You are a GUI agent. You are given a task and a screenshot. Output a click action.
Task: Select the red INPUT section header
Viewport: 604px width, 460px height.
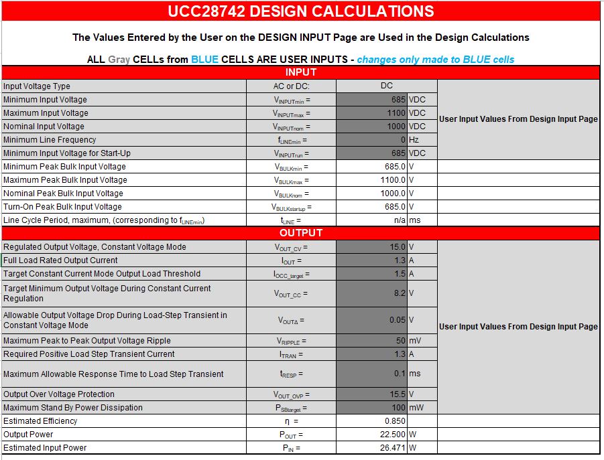300,72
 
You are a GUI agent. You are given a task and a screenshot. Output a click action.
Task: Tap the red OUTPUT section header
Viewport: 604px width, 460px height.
300,233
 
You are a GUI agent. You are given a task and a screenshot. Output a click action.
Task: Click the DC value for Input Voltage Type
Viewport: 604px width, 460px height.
386,86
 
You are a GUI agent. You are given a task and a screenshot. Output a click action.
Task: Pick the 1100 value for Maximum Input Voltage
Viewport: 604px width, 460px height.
396,113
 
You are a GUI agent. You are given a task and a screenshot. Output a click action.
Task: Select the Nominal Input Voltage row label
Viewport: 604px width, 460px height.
44,127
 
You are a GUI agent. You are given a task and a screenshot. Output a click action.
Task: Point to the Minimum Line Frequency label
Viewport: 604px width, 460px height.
50,140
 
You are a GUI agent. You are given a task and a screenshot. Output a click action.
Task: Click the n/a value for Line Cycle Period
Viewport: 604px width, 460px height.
399,220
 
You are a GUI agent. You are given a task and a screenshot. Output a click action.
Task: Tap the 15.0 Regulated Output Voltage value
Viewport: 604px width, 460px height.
398,247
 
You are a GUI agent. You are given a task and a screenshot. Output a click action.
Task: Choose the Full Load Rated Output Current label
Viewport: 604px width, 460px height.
60,260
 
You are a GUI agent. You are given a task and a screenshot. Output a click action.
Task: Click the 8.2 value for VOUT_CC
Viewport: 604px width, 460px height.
399,293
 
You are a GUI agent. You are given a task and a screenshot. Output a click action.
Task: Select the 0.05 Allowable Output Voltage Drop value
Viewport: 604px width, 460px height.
397,320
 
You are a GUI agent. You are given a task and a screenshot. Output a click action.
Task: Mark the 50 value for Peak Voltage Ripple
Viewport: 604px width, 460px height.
400,341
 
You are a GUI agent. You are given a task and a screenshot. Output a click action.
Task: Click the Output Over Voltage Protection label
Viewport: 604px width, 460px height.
59,394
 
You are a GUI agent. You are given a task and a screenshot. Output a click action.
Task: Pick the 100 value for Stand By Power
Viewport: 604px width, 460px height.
398,408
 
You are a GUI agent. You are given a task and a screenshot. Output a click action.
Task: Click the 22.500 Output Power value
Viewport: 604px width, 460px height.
391,435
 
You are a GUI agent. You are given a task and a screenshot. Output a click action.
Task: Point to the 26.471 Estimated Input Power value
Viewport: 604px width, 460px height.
391,448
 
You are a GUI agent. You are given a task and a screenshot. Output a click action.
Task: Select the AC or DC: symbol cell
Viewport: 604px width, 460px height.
292,86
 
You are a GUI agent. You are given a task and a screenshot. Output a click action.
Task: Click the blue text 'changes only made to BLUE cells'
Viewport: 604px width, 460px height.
436,60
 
